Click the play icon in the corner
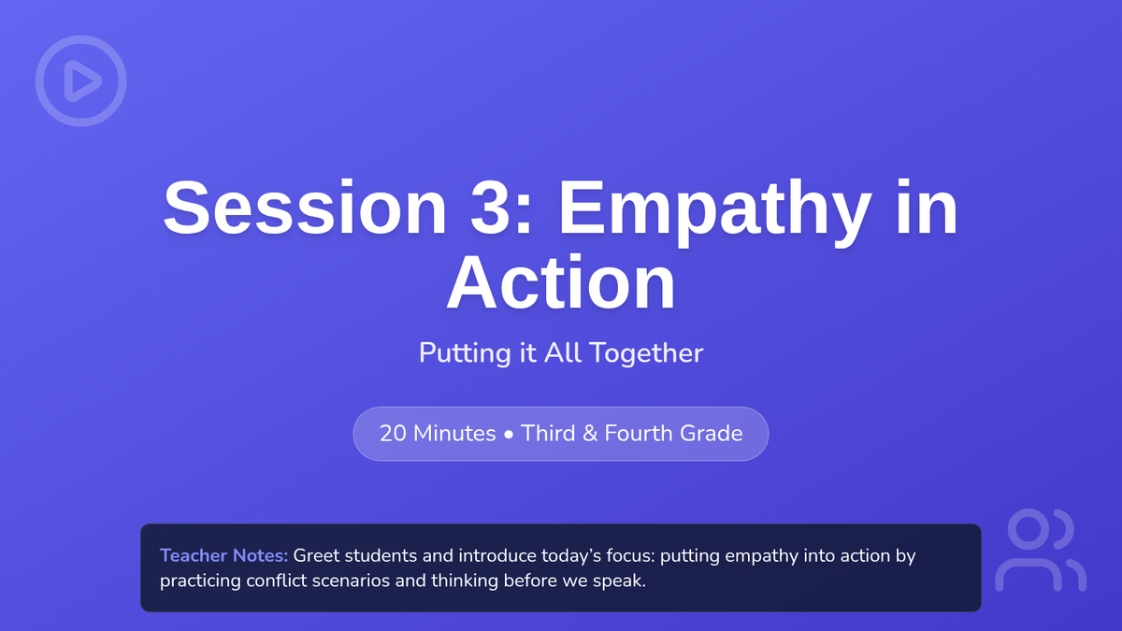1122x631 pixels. point(80,80)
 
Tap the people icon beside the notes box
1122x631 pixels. point(1041,550)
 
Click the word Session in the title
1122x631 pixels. point(305,207)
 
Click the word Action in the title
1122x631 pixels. point(561,283)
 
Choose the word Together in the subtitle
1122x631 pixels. point(646,353)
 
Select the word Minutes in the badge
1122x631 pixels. point(454,434)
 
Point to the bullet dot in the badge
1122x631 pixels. point(509,435)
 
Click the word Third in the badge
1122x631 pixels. point(549,434)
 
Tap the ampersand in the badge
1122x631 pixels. point(590,434)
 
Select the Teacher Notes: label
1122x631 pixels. point(223,556)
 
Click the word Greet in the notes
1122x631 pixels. point(316,556)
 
